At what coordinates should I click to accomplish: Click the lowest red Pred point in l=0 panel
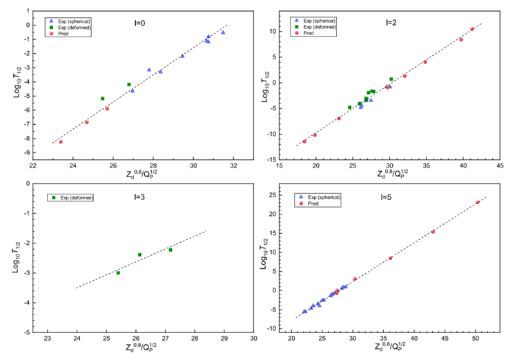(x=61, y=141)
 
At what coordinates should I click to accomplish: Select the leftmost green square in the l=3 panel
(x=118, y=272)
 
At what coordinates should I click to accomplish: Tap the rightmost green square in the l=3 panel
(x=171, y=250)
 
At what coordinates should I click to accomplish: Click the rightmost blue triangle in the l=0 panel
(x=222, y=32)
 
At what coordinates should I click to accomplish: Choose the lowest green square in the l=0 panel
(x=103, y=99)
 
